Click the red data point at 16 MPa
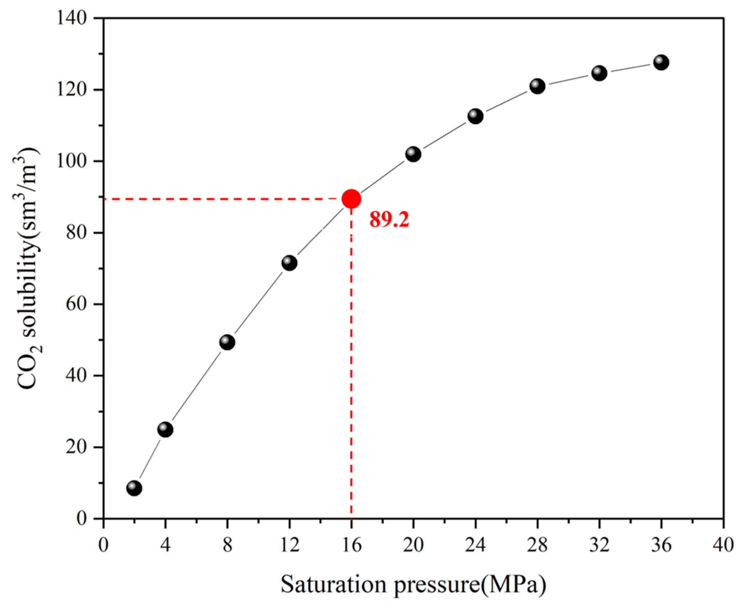(351, 199)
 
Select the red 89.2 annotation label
(389, 220)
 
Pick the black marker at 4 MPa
(165, 430)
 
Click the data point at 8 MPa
(227, 342)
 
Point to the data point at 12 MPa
(289, 263)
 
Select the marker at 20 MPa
(413, 154)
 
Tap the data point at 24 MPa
(475, 116)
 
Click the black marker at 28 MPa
(537, 86)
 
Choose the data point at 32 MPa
(599, 73)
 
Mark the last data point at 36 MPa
(661, 63)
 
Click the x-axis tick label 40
(723, 545)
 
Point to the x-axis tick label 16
(351, 545)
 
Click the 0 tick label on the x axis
(104, 545)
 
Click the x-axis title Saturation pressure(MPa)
(413, 585)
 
